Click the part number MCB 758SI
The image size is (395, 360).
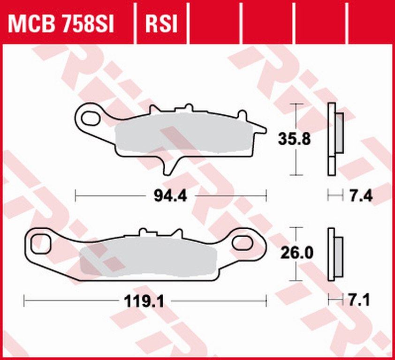tap(61, 24)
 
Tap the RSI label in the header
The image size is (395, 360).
tap(161, 24)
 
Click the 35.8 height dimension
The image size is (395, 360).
tap(294, 139)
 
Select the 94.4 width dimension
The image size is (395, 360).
tap(170, 195)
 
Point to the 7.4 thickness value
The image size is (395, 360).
tap(361, 195)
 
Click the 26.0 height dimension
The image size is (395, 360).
tap(294, 253)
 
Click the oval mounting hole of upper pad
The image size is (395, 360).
tap(90, 119)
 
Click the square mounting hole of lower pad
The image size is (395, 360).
tap(41, 243)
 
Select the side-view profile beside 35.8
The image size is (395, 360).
tap(333, 139)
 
